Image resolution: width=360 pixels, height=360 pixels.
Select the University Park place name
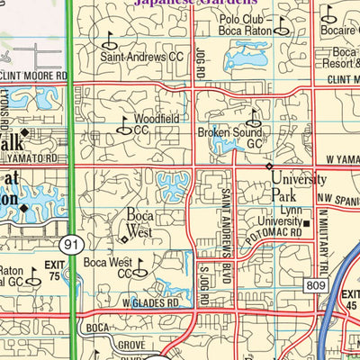294,184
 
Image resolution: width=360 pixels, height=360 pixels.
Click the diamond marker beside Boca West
124,239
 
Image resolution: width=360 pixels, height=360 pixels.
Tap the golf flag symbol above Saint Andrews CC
112,40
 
